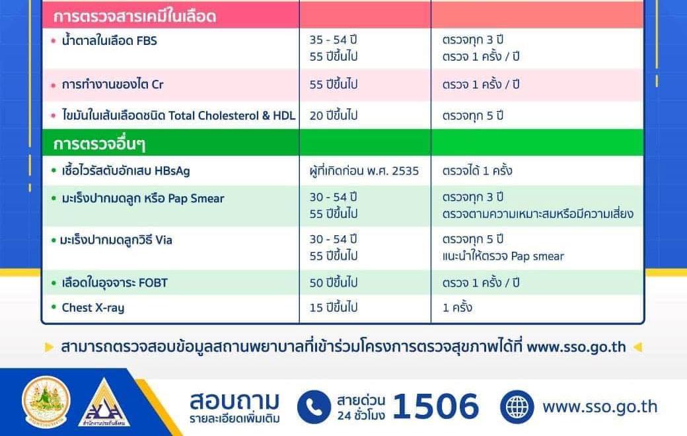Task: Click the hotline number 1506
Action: (435, 406)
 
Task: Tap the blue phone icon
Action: (314, 406)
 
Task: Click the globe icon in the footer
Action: (517, 406)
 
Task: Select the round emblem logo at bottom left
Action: (46, 401)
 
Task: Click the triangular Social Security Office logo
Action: (104, 404)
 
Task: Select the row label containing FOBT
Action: (114, 283)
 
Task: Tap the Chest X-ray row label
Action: (92, 308)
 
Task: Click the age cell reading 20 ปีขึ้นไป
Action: (334, 116)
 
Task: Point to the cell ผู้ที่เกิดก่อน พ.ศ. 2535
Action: (364, 171)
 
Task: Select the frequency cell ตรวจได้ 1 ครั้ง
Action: (478, 171)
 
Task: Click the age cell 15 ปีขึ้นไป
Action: (334, 308)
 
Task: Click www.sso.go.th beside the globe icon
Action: (600, 406)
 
